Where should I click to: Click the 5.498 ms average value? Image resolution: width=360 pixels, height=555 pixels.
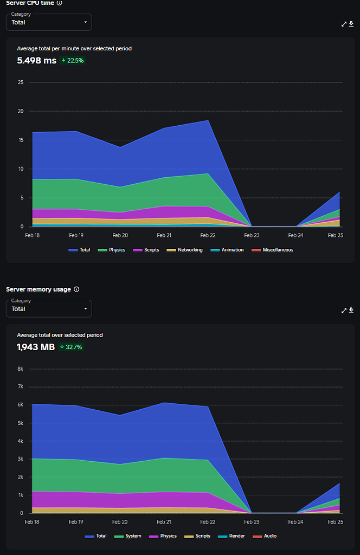pyautogui.click(x=36, y=61)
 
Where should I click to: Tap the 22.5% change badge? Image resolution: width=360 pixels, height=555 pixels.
pyautogui.click(x=73, y=61)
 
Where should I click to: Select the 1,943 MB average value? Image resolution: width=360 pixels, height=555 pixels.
pyautogui.click(x=36, y=347)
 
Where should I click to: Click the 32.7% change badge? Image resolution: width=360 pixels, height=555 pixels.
pyautogui.click(x=72, y=347)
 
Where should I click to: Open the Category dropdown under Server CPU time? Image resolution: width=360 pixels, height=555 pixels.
pyautogui.click(x=49, y=22)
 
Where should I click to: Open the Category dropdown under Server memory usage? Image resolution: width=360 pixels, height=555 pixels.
pyautogui.click(x=49, y=308)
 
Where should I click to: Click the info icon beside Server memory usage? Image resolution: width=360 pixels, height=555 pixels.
pyautogui.click(x=76, y=289)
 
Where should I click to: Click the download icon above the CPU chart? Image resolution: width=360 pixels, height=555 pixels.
pyautogui.click(x=351, y=24)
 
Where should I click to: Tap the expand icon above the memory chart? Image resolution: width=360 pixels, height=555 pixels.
pyautogui.click(x=344, y=311)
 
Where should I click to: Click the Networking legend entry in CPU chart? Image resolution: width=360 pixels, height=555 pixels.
pyautogui.click(x=188, y=250)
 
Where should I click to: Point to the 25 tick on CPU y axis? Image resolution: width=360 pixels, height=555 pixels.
pyautogui.click(x=21, y=82)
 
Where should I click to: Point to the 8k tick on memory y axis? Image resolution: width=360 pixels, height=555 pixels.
pyautogui.click(x=20, y=369)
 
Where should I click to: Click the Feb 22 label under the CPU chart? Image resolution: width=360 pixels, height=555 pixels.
pyautogui.click(x=208, y=236)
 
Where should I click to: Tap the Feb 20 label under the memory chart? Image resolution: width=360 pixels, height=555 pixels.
pyautogui.click(x=120, y=522)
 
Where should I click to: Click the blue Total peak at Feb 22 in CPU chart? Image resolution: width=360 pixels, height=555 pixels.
pyautogui.click(x=208, y=120)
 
